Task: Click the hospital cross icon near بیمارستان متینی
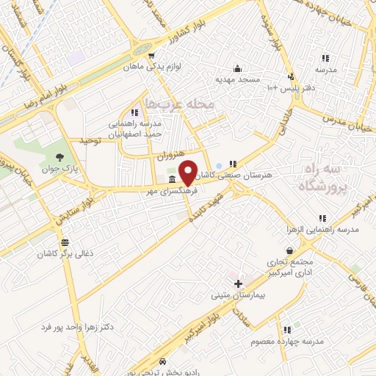point(237,283)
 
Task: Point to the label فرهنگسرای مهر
point(170,191)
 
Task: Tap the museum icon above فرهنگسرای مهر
point(171,180)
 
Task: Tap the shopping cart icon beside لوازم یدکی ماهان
point(151,55)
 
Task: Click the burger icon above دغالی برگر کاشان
point(65,242)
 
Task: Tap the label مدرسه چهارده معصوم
point(286,341)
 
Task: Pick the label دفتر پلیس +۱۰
point(292,87)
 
